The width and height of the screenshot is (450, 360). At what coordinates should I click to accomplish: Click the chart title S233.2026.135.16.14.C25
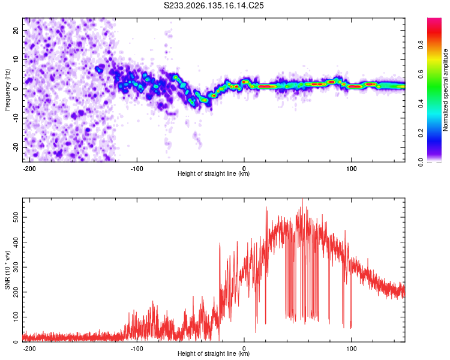(x=214, y=5)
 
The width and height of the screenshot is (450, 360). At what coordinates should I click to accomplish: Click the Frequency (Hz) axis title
(x=7, y=89)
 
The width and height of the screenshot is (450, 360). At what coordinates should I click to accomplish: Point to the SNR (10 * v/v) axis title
(x=7, y=270)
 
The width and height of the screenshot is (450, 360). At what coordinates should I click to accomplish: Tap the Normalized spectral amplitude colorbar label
(x=445, y=89)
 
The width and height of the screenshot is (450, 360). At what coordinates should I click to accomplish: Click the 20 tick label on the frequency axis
(x=16, y=31)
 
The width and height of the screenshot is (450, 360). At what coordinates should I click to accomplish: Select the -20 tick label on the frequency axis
(x=16, y=148)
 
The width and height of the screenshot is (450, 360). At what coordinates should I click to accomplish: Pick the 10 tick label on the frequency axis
(x=16, y=60)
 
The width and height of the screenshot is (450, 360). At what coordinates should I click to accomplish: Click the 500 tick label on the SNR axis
(x=16, y=217)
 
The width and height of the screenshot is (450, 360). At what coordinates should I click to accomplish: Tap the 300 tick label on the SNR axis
(x=16, y=267)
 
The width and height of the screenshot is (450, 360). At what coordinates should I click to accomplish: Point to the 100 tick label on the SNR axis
(x=16, y=317)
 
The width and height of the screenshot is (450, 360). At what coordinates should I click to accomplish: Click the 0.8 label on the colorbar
(x=421, y=45)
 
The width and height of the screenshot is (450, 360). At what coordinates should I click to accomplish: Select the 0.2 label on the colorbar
(x=421, y=133)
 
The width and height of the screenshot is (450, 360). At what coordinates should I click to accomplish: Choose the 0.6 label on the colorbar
(x=421, y=74)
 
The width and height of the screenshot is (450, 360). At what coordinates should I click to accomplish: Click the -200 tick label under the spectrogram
(x=29, y=169)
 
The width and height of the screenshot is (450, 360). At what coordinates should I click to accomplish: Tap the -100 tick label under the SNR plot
(x=137, y=349)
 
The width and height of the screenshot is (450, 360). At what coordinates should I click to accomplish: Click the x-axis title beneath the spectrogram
(x=214, y=173)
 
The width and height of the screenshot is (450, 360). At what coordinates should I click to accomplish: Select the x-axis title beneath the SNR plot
(x=214, y=353)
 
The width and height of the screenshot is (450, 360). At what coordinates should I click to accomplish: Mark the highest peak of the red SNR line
(x=302, y=199)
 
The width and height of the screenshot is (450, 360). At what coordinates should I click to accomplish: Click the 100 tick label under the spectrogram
(x=351, y=169)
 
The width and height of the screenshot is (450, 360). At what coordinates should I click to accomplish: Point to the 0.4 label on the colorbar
(x=421, y=104)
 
